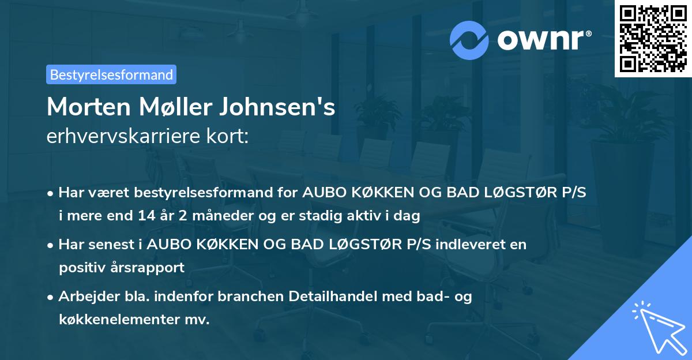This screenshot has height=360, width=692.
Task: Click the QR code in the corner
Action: pos(653,39)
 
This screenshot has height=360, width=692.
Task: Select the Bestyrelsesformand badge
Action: pos(111,74)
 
